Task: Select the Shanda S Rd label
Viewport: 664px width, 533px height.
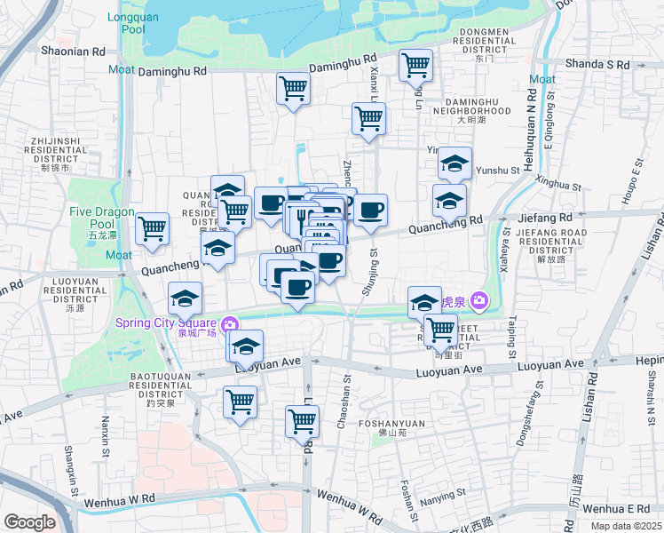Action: coord(597,64)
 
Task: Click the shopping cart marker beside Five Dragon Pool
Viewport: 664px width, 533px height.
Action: coord(153,228)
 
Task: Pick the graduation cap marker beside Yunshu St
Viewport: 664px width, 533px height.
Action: coord(455,163)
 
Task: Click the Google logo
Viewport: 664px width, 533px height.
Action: coord(29,522)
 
